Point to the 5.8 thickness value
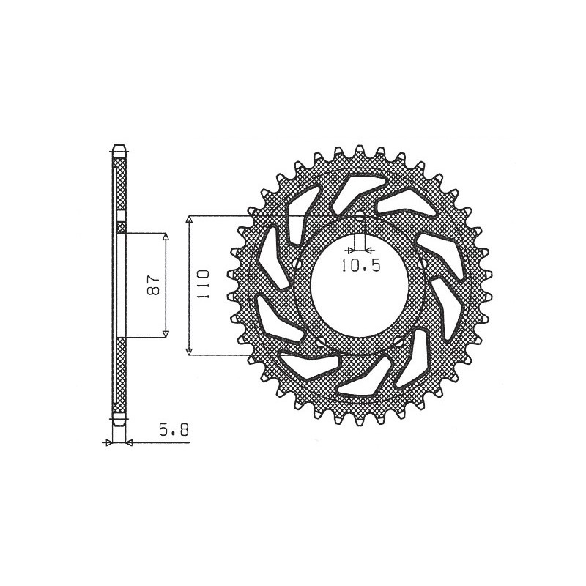click(174, 431)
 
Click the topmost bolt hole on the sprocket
click(360, 218)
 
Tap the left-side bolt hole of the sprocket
click(296, 264)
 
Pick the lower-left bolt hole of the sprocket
click(321, 341)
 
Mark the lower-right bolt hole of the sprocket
click(398, 341)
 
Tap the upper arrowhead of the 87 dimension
click(166, 238)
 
